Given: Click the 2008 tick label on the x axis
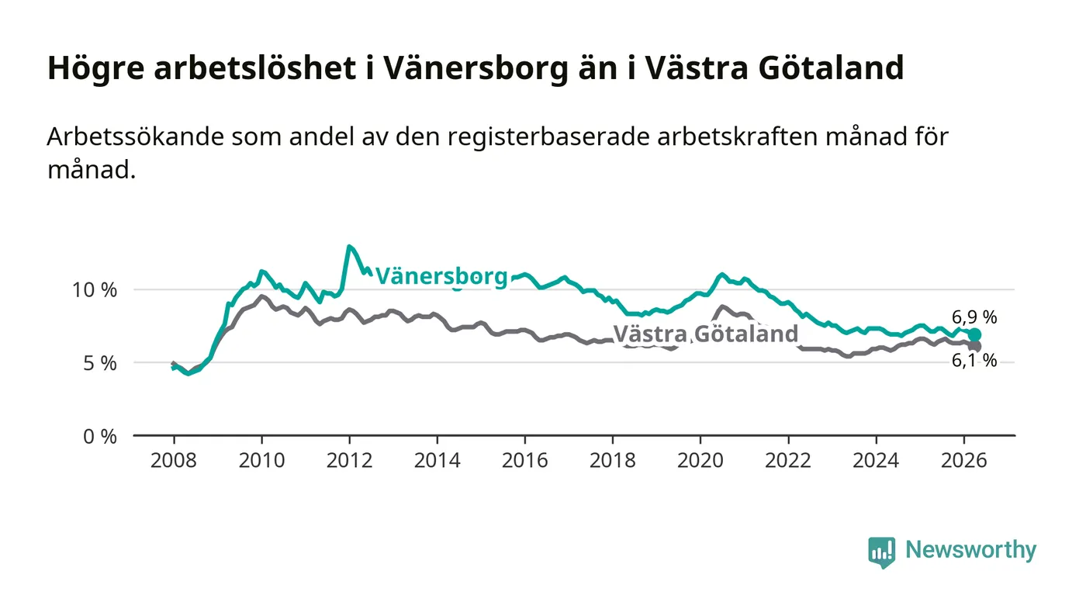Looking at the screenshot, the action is (174, 460).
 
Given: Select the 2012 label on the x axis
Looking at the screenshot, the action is (349, 460).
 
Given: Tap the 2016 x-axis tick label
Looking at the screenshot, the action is (524, 460).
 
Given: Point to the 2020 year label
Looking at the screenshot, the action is (700, 460).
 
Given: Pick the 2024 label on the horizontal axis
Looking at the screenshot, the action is (876, 460).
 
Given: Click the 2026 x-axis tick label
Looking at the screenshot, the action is (963, 460).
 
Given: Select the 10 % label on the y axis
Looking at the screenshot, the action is (95, 290).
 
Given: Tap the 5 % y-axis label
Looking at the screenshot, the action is (100, 363).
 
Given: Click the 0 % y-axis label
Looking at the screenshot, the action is (100, 437).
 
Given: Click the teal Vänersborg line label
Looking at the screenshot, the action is (441, 276).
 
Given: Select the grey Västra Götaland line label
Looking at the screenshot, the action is (705, 334).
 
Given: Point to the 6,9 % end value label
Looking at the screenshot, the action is (974, 317).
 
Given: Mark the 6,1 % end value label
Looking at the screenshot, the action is (974, 361).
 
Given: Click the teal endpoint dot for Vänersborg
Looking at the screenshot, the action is (974, 334).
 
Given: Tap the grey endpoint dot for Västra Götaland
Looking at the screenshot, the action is (975, 346).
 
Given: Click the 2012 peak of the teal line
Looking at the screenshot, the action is (349, 247).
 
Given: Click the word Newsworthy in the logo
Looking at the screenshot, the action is (970, 550).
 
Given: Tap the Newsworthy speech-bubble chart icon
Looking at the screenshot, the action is (881, 552).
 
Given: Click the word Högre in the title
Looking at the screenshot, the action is (96, 68).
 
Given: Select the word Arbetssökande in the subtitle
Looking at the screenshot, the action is (135, 137).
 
